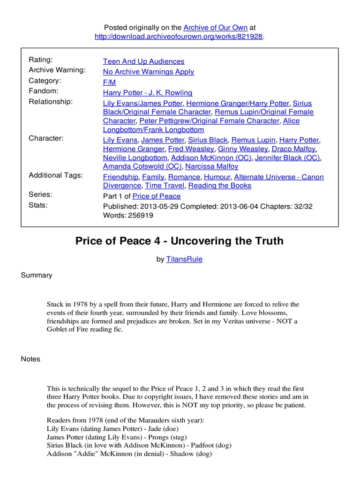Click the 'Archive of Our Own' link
[215, 28]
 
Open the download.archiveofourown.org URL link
[179, 37]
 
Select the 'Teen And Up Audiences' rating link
[143, 61]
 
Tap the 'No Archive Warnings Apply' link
[149, 72]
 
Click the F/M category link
[110, 82]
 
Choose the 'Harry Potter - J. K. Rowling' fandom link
[148, 93]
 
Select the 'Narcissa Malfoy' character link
[211, 166]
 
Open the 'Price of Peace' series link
[156, 196]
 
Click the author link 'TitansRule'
[184, 259]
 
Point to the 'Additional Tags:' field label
[56, 175]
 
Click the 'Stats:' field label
[38, 205]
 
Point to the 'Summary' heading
[37, 275]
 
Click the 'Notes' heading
[30, 359]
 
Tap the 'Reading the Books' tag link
[220, 186]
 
